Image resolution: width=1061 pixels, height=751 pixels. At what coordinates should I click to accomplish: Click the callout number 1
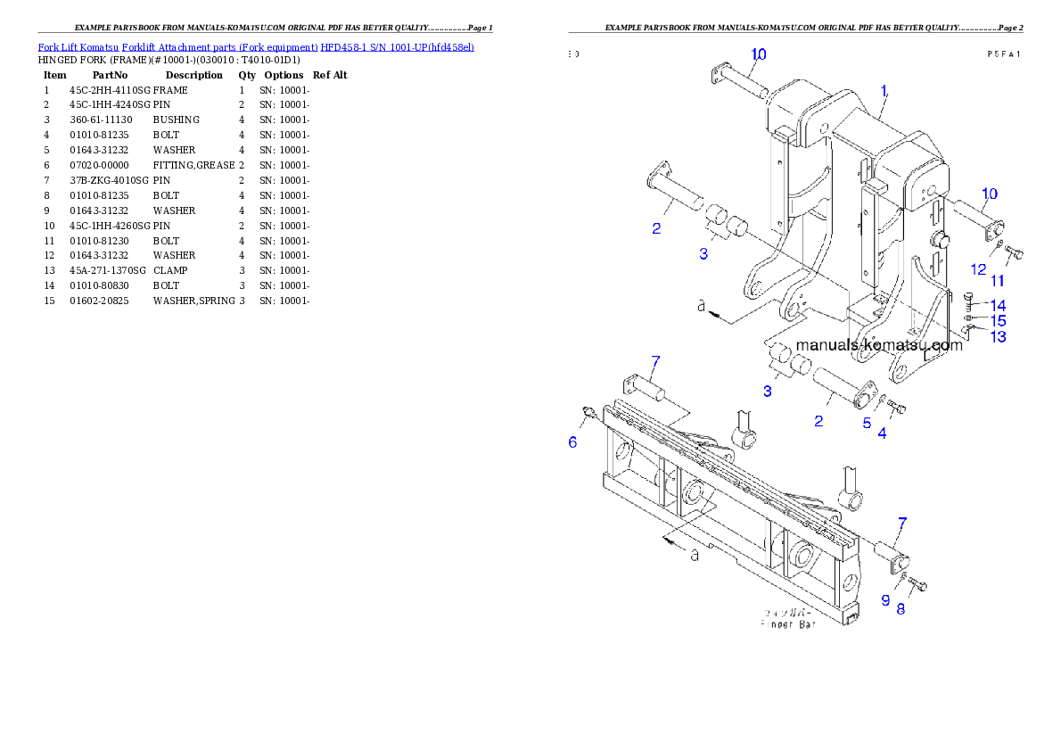[884, 91]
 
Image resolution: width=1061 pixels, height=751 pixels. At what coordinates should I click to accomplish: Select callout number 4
[882, 434]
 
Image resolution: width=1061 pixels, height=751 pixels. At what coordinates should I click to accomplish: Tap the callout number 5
[867, 424]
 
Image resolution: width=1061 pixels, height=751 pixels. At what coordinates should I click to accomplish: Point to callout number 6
[573, 442]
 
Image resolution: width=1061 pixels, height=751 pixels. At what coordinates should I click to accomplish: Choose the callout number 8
[901, 609]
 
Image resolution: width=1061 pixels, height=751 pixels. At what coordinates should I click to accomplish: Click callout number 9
[885, 600]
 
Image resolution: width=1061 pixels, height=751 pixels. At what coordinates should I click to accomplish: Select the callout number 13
[999, 336]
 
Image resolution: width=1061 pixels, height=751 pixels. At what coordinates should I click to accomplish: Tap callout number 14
[998, 306]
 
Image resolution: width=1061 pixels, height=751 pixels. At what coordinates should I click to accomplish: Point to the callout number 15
[999, 320]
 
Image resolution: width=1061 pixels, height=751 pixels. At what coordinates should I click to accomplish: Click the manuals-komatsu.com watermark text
[879, 345]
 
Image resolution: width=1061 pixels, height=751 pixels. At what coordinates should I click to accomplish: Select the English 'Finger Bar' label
[787, 624]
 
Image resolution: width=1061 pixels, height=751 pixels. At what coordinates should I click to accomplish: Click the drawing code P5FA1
[1003, 54]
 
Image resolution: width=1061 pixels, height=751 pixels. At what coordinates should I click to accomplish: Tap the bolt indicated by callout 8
[920, 585]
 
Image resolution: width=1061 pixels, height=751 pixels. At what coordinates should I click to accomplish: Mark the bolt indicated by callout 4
[897, 409]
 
